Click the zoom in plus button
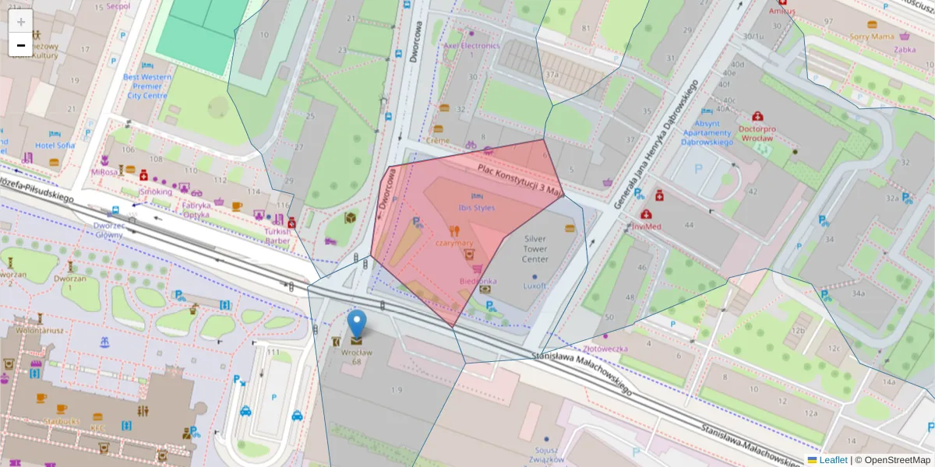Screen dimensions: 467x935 21,21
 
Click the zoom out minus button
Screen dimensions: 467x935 21,45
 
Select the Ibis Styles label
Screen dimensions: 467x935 477,208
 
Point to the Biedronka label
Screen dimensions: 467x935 478,280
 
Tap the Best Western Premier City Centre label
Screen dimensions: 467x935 146,86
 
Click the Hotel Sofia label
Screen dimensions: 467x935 55,146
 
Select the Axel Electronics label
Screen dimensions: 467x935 471,45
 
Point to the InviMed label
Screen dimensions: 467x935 647,226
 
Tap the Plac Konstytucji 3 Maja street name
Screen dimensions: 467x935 520,180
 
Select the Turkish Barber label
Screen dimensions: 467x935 277,236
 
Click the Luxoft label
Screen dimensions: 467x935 535,286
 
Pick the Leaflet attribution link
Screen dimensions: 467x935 833,460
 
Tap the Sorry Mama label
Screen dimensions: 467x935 871,36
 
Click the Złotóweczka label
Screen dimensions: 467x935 605,349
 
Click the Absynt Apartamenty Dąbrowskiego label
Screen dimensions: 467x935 707,132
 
